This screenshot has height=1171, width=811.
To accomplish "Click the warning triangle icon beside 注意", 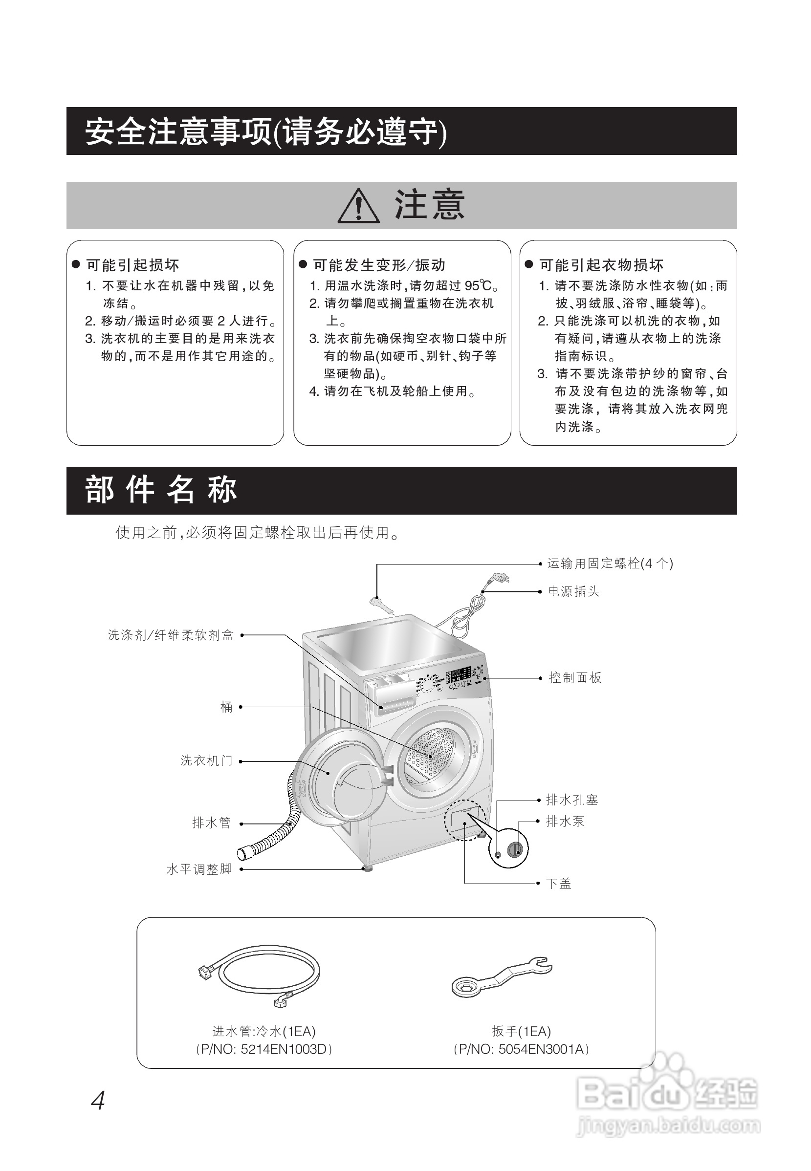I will pyautogui.click(x=359, y=206).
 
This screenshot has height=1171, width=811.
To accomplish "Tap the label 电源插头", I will pyautogui.click(x=574, y=592).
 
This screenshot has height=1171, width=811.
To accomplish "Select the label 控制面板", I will pyautogui.click(x=575, y=678).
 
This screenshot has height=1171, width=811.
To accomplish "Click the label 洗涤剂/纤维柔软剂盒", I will pyautogui.click(x=171, y=635).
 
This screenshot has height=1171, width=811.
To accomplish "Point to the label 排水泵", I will pyautogui.click(x=565, y=822).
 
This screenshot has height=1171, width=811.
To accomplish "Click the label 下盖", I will pyautogui.click(x=559, y=884).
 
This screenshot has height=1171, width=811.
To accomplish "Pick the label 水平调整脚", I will pyautogui.click(x=199, y=870).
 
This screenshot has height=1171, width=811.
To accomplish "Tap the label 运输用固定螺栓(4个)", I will pyautogui.click(x=610, y=564).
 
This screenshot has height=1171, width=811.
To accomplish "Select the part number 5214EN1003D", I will pyautogui.click(x=284, y=1050).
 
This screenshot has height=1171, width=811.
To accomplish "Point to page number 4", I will pyautogui.click(x=98, y=1102).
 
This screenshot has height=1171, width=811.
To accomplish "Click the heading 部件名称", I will pyautogui.click(x=161, y=491).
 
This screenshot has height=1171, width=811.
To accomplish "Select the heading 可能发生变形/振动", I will pyautogui.click(x=379, y=265).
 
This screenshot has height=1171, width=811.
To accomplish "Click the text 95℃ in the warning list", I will pyautogui.click(x=478, y=286).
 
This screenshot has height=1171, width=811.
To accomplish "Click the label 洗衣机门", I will pyautogui.click(x=206, y=761).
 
